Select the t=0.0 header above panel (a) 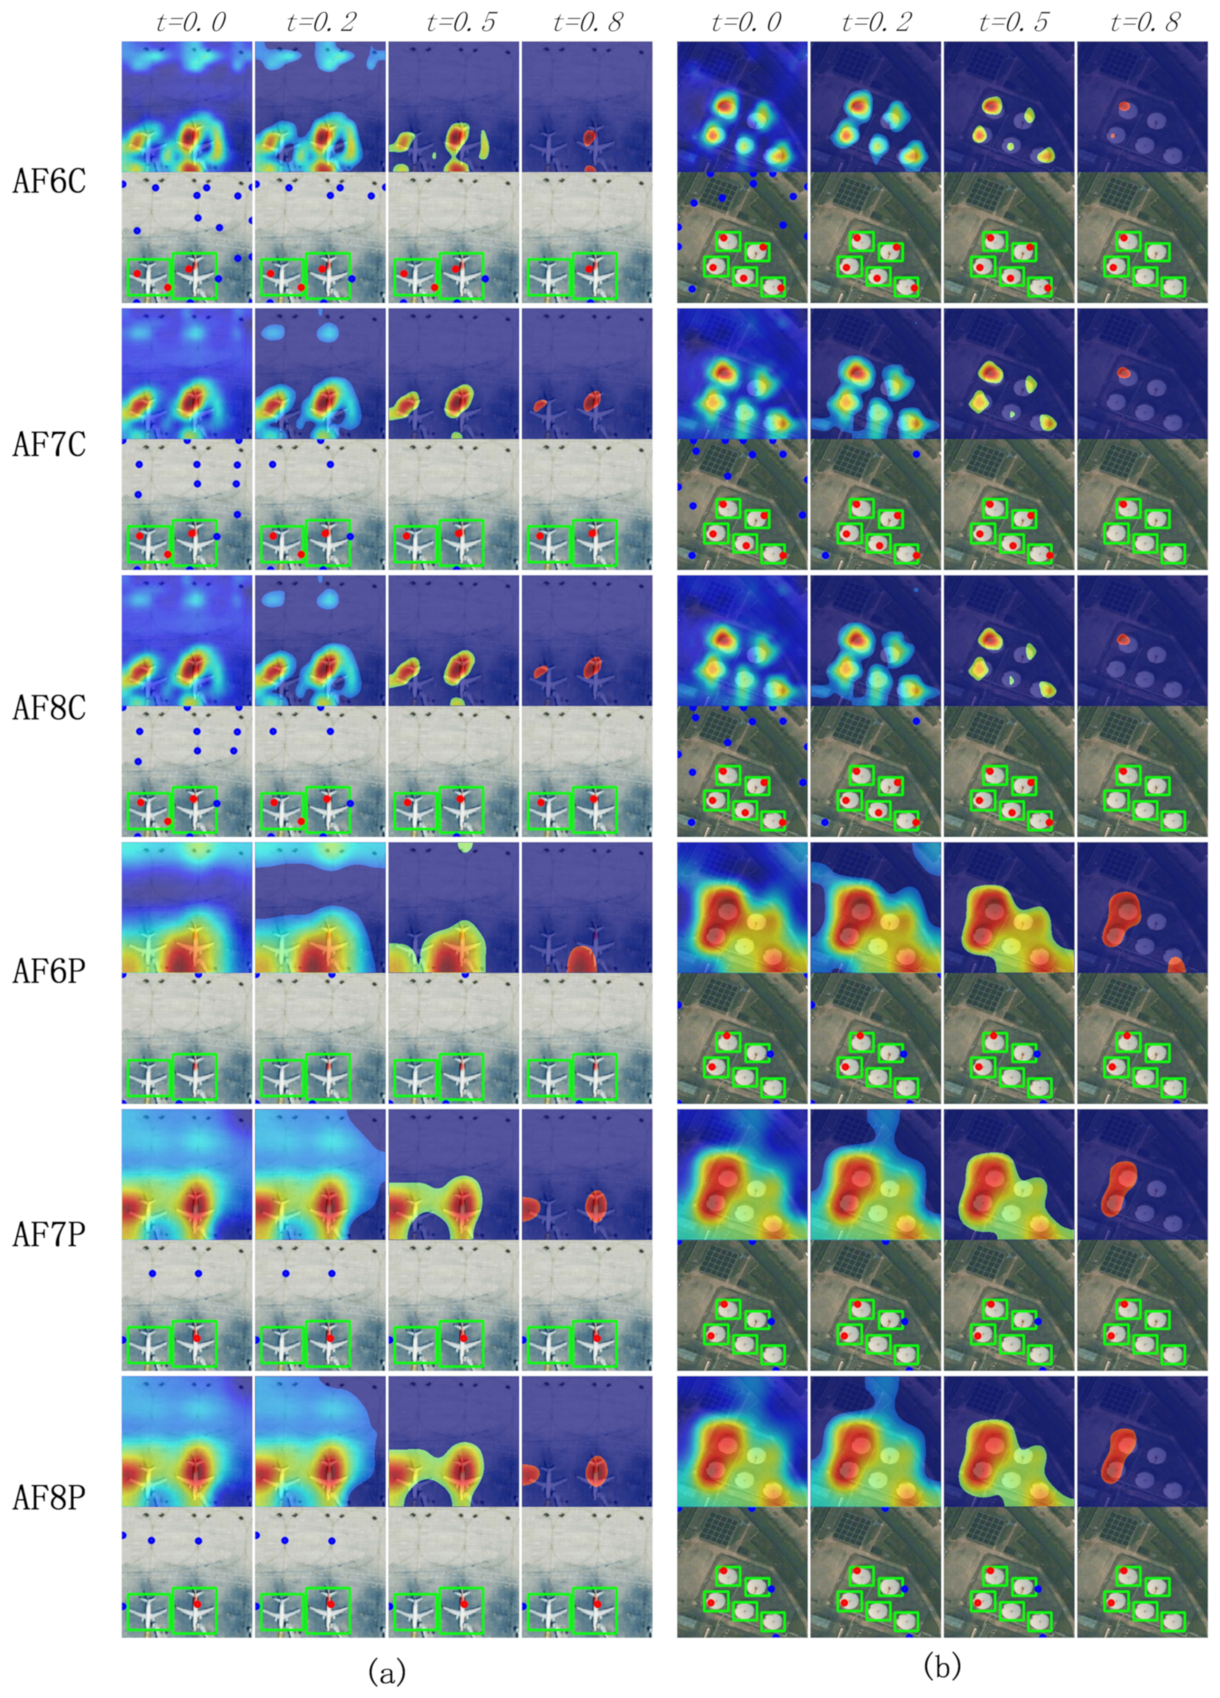(x=191, y=23)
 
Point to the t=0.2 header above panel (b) (x=877, y=23)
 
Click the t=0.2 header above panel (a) (x=322, y=23)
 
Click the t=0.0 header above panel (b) (x=746, y=23)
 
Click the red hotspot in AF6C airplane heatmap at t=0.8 (x=589, y=138)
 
